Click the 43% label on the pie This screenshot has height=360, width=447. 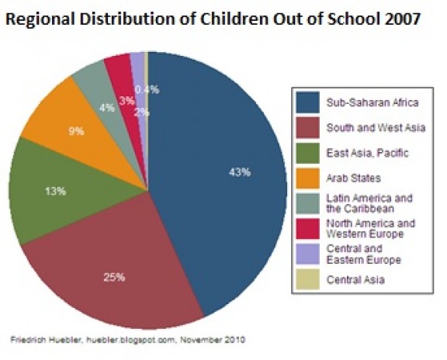coord(239,172)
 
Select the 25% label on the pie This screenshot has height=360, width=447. coord(114,277)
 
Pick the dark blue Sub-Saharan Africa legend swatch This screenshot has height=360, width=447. coord(308,102)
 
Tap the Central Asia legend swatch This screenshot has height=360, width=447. coord(308,279)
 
